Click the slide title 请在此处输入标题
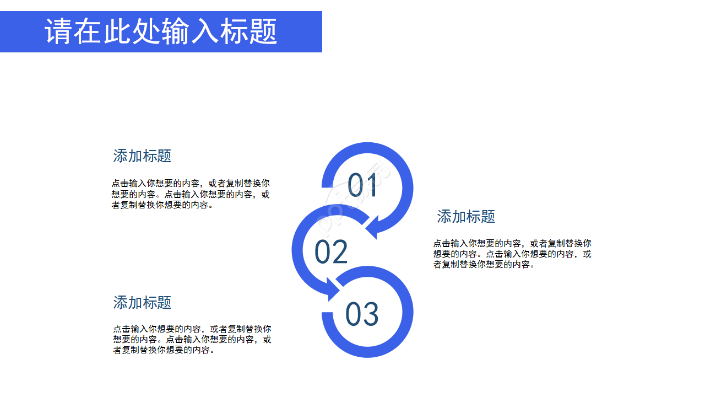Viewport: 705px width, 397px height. pos(161,31)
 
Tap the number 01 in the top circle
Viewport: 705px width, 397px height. pos(362,185)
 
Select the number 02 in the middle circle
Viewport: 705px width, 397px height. pos(331,252)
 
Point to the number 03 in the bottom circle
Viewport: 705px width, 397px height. pos(362,314)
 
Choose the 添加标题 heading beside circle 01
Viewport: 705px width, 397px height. pos(142,156)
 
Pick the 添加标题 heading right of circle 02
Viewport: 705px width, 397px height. pos(466,217)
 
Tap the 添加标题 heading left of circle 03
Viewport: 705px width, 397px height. pos(142,303)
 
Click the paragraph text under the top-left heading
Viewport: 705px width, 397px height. pos(191,194)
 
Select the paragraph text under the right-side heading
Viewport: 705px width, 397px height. pos(512,254)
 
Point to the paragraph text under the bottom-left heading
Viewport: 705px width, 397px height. pos(192,339)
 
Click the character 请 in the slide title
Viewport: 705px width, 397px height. pos(59,31)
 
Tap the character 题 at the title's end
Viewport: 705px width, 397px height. pos(263,31)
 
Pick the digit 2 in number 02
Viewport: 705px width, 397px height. pos(340,252)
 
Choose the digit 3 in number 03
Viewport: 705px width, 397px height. pos(371,314)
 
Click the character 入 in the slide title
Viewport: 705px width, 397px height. pos(205,31)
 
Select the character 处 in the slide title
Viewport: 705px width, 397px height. pos(147,31)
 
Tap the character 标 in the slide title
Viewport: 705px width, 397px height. pos(234,31)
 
